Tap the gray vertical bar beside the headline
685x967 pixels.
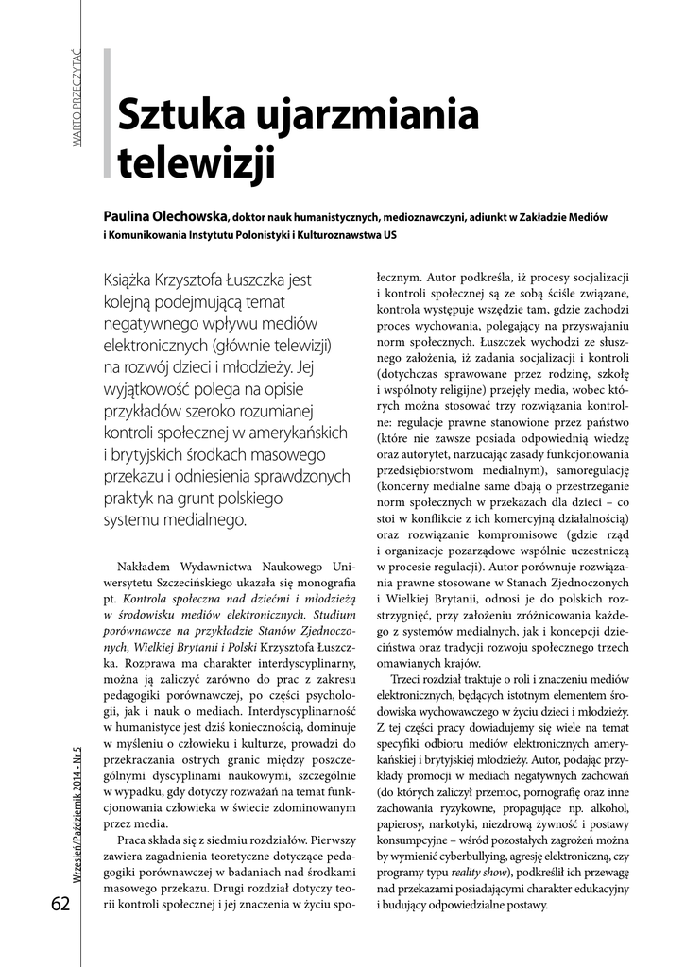click(x=107, y=113)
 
